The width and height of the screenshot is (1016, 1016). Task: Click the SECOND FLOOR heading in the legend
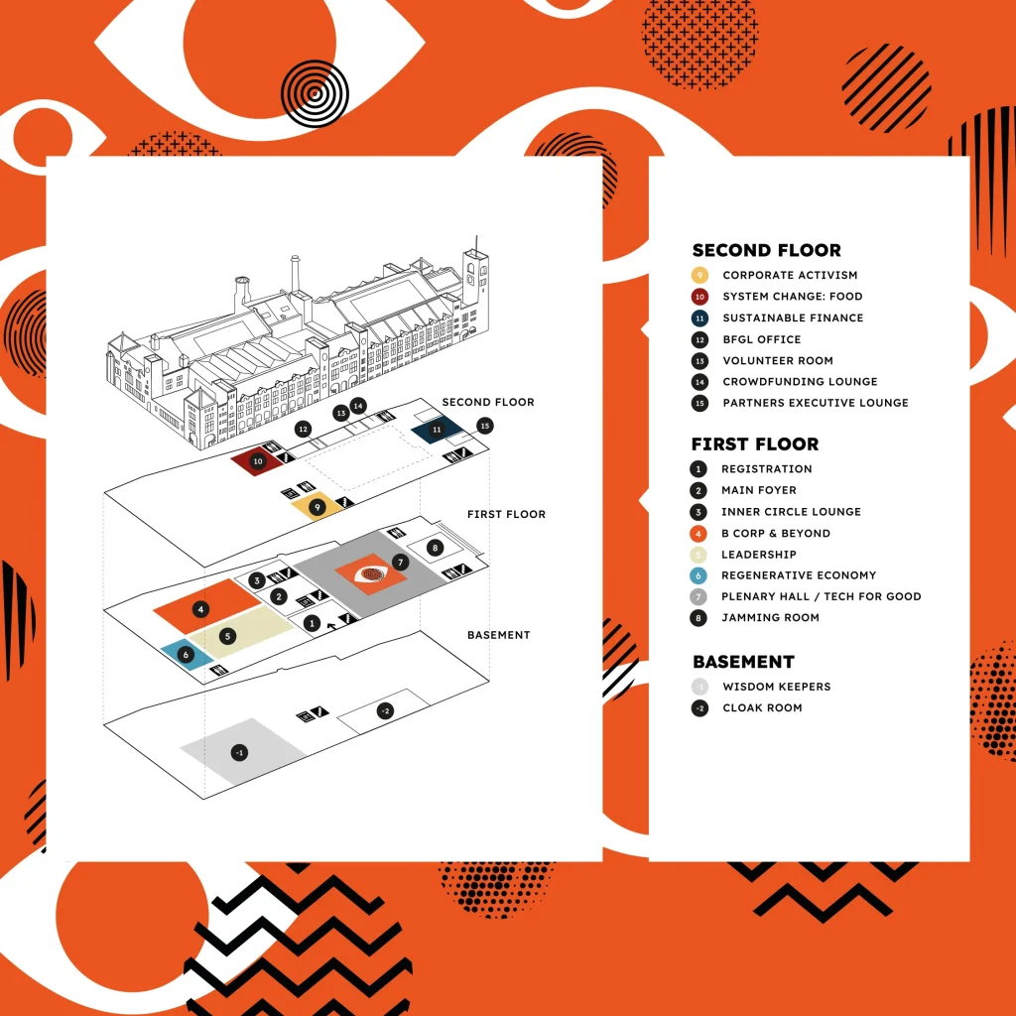tap(766, 250)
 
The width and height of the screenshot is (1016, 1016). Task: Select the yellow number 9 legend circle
tap(699, 275)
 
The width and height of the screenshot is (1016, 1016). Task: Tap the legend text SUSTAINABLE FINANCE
tap(793, 317)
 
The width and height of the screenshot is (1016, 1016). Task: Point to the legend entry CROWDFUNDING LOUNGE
tap(800, 381)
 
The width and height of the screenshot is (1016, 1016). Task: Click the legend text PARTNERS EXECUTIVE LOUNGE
tap(815, 403)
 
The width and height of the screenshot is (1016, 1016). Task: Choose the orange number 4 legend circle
tap(699, 533)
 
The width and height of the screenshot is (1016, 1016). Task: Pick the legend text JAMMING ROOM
tap(770, 617)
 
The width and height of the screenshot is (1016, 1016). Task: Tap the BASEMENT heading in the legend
tap(743, 662)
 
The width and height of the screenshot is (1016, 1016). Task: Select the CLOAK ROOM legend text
tap(762, 707)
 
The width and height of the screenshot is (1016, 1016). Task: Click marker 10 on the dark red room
tap(258, 461)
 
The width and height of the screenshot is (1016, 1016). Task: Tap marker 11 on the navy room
tap(436, 429)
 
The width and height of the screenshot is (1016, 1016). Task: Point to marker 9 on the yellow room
tap(317, 507)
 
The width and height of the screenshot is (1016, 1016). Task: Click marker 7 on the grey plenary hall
tap(400, 563)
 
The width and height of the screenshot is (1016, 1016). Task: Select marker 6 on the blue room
tap(186, 654)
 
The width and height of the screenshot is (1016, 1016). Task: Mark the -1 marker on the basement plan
tap(239, 753)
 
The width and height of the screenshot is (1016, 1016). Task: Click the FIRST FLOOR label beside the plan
tap(506, 514)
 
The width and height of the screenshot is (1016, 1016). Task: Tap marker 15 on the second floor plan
tap(484, 426)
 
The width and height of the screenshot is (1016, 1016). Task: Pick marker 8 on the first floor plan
tap(434, 548)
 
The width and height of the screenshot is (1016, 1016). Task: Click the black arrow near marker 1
tap(330, 627)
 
